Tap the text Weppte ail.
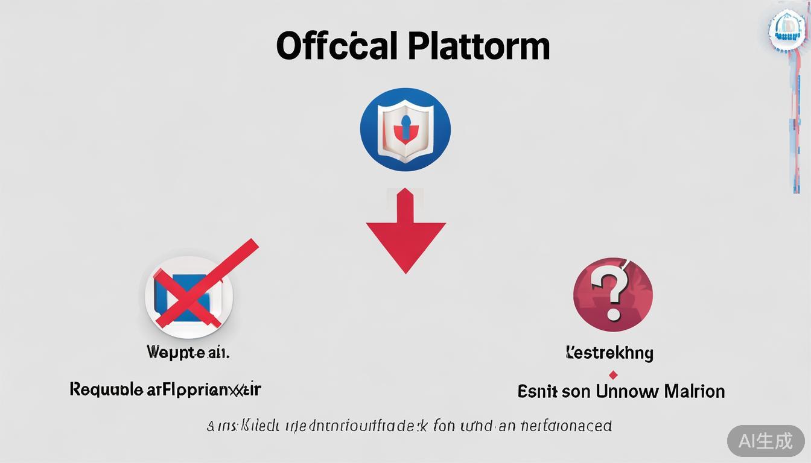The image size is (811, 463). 188,352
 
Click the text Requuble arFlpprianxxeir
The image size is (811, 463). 165,389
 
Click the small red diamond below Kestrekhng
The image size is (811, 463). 613,374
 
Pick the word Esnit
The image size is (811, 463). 536,391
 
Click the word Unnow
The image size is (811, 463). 627,391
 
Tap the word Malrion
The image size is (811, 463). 694,391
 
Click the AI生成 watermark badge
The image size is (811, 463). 765,441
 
